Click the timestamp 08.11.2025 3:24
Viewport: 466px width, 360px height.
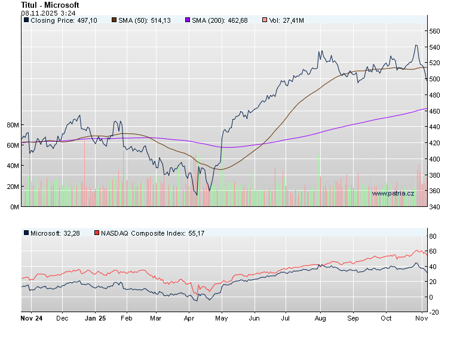pos(41,13)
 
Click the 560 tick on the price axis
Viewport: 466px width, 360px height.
pos(434,31)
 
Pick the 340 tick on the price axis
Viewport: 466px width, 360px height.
pos(434,207)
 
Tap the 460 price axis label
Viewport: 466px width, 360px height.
pos(434,111)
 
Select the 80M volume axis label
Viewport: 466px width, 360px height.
pos(13,125)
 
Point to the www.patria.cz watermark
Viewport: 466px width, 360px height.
pos(393,193)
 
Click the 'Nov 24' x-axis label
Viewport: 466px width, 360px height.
pos(31,319)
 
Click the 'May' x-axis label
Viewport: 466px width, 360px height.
pos(221,319)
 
